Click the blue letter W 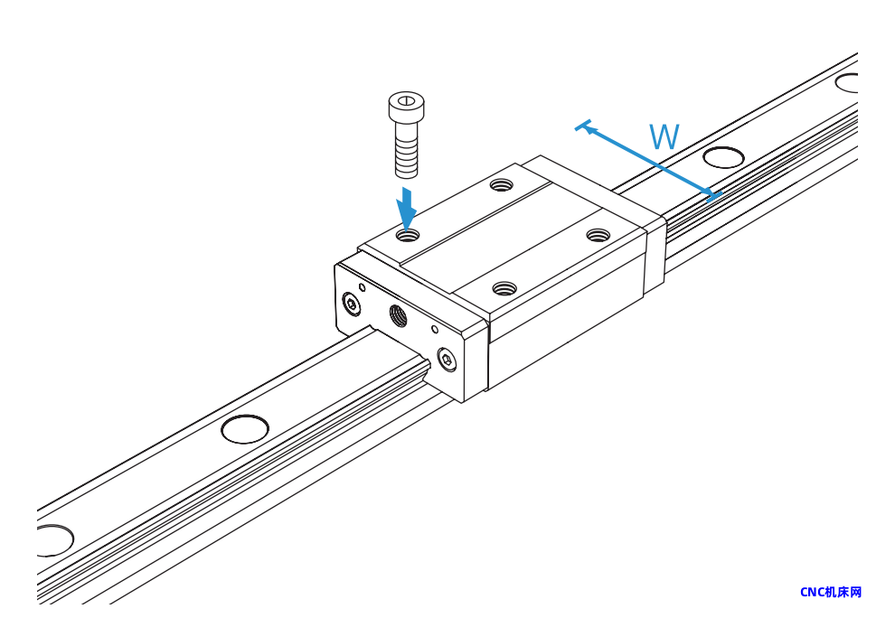[664, 136]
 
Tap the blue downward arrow [407, 209]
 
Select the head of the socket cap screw [407, 106]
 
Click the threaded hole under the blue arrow [408, 234]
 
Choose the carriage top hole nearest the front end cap [504, 289]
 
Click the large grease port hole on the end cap [399, 315]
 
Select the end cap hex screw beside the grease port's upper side [352, 304]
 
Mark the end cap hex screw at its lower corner [447, 360]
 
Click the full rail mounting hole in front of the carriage [245, 429]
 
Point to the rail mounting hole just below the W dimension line [723, 157]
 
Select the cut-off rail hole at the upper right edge [847, 83]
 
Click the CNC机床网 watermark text [831, 593]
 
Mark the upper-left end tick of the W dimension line [583, 125]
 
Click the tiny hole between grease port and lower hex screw [434, 329]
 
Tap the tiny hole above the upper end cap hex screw [362, 286]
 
